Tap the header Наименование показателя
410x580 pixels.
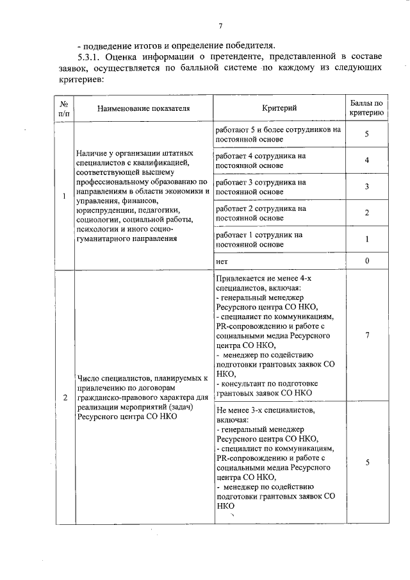pos(143,108)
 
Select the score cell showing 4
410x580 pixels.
pos(367,160)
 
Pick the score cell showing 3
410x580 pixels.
pos(367,186)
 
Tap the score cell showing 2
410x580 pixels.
pos(367,213)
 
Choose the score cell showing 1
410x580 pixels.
pos(367,239)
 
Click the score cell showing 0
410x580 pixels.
pos(367,261)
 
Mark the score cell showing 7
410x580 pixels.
pos(367,335)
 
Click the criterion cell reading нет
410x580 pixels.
pos(222,261)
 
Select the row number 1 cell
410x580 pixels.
pos(64,195)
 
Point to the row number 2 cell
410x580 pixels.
pos(64,397)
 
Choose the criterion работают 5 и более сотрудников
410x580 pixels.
pos(278,133)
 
